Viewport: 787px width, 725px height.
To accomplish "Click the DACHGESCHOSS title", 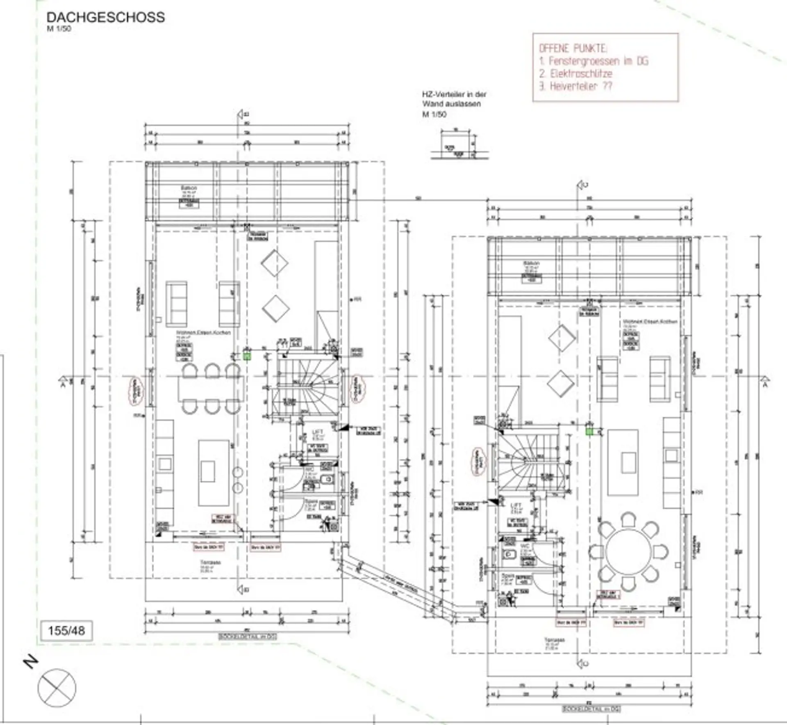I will click(106, 17).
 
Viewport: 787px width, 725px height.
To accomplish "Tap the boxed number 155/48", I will click(66, 630).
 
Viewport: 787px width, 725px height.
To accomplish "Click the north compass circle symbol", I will click(57, 688).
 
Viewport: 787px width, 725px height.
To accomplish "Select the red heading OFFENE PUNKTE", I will click(573, 48).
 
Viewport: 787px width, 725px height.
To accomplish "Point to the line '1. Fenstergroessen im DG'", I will click(594, 61).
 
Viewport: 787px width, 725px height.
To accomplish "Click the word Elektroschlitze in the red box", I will click(581, 74).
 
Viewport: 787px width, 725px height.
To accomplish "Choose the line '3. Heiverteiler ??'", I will click(575, 87).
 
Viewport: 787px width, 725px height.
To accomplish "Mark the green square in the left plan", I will click(247, 356).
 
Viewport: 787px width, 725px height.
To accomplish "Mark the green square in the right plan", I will click(589, 431).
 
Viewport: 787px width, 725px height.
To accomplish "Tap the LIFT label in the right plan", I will click(516, 505).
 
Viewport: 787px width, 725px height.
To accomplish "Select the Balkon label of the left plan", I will click(189, 188).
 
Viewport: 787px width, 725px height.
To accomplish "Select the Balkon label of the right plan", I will click(531, 263).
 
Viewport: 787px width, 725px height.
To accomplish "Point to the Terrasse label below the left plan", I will click(211, 562).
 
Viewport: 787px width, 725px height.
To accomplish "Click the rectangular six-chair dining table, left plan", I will click(211, 389).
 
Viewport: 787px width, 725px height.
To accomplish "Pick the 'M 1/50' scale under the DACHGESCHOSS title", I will click(59, 29).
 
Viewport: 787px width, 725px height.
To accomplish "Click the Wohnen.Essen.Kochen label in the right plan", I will click(650, 322).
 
